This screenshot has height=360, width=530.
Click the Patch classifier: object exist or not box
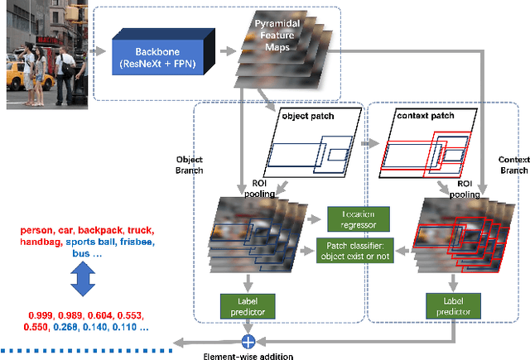point(359,248)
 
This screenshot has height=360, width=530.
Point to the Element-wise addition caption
point(248,356)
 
